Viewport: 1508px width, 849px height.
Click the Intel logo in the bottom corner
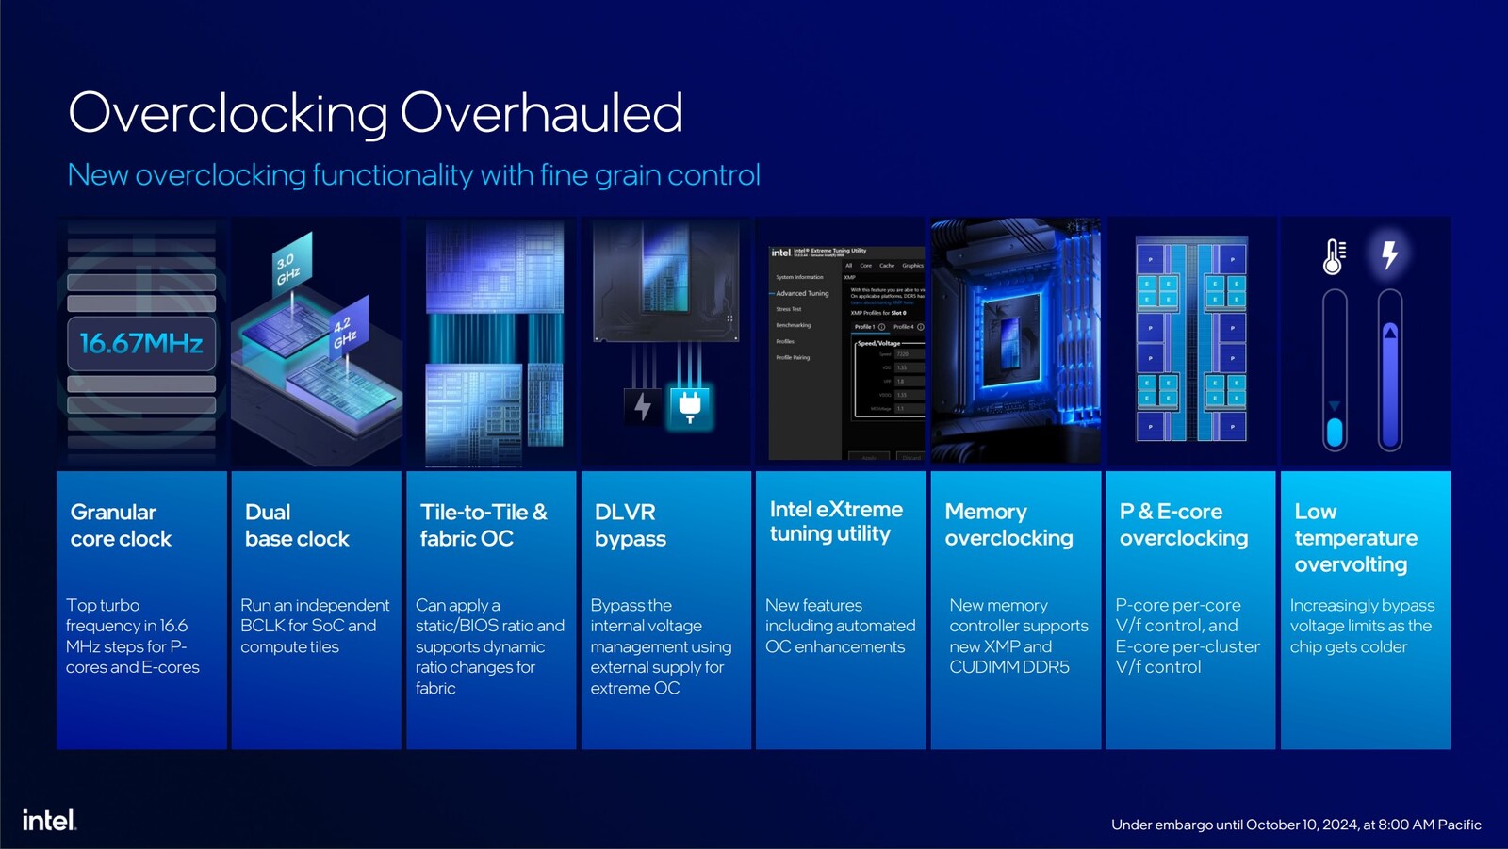click(x=49, y=820)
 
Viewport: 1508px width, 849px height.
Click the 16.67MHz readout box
click(x=141, y=343)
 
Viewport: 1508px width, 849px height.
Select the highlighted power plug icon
click(x=690, y=406)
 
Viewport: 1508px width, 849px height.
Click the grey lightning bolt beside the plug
click(x=643, y=406)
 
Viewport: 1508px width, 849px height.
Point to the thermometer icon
click(x=1334, y=256)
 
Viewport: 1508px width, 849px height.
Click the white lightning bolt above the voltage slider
click(x=1389, y=254)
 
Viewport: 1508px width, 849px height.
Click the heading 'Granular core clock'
click(x=121, y=525)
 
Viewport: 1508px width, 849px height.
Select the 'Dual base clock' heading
click(x=297, y=525)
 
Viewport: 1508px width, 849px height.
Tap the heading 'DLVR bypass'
click(x=630, y=525)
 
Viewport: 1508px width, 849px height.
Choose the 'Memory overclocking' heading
click(x=1008, y=524)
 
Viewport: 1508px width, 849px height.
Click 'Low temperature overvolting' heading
click(x=1355, y=537)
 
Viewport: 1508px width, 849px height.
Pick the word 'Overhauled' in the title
click(x=541, y=113)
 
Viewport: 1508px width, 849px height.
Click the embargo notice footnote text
click(x=1296, y=825)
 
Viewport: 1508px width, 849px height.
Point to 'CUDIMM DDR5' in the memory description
click(x=1008, y=667)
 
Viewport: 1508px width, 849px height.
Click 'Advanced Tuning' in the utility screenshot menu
click(x=802, y=293)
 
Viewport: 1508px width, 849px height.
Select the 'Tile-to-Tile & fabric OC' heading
click(x=483, y=525)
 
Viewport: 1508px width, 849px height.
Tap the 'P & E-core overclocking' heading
click(x=1183, y=524)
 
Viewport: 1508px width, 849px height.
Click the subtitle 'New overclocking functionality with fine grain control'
click(x=414, y=175)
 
